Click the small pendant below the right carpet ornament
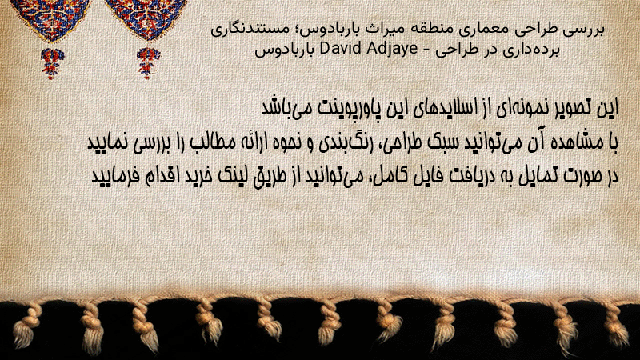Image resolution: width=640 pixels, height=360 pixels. pyautogui.click(x=148, y=63)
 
